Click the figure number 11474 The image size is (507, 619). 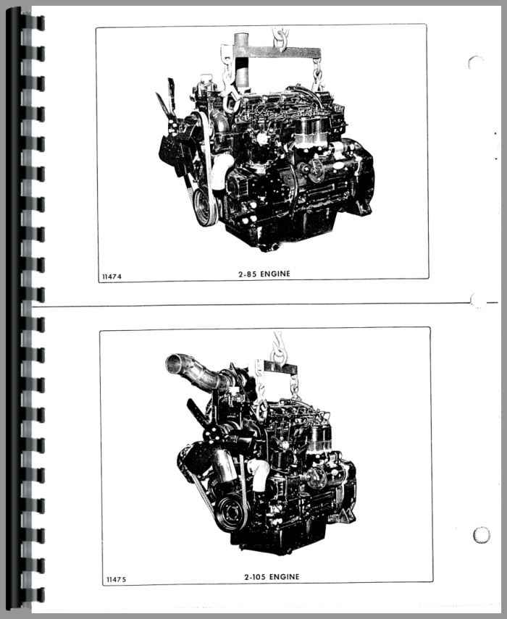112,277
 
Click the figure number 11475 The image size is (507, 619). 117,579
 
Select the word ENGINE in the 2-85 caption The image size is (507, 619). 275,274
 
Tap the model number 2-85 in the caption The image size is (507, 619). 248,274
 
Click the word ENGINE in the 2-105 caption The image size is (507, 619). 285,577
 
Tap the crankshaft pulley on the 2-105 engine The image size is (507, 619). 231,512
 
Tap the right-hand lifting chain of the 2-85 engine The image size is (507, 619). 317,76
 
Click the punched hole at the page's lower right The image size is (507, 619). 482,535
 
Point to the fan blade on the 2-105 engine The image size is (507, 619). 196,413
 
